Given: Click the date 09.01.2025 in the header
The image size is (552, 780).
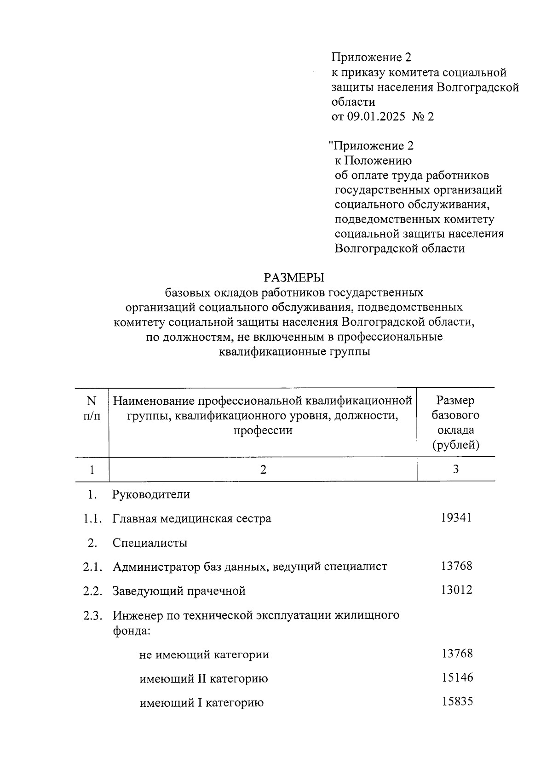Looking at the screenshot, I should point(376,117).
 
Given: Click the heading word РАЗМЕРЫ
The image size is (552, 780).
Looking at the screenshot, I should point(294,278).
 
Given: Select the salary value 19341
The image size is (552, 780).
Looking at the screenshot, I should point(456,518).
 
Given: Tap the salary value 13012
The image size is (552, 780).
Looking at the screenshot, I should point(456,590).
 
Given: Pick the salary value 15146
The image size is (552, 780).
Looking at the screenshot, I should point(457,677).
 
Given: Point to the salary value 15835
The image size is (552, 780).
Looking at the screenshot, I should point(457,702).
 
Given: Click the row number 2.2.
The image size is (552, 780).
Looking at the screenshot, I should point(92,591).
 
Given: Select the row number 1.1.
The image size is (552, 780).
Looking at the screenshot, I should point(92,519).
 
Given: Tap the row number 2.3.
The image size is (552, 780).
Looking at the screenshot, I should point(92,615).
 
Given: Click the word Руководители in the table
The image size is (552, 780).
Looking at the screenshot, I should point(151,495).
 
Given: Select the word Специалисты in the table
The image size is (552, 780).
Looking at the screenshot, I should point(150,543).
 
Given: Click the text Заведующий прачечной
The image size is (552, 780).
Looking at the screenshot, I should point(179,591).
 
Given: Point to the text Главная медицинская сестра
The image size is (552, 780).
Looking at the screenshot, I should point(192,519).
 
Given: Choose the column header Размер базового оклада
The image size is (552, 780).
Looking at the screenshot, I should point(455,423).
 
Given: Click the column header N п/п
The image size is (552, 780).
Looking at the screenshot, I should point(92,408).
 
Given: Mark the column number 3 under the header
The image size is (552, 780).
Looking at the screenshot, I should point(455,469).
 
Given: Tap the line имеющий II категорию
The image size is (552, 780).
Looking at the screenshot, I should point(203,679).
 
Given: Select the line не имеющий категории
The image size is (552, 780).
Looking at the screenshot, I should point(204,654).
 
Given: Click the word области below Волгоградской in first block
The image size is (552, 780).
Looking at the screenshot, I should point(353,102).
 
